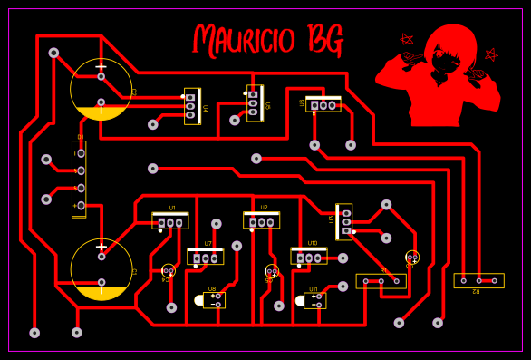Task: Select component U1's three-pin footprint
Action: [169, 221]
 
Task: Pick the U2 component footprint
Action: [261, 220]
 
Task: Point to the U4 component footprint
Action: [191, 106]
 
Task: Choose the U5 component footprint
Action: [255, 102]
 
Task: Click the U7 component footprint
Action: [206, 257]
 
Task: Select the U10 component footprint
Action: [309, 257]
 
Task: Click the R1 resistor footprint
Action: [381, 281]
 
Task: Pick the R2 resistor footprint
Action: [478, 280]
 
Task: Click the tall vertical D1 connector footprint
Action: [80, 179]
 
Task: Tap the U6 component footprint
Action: [323, 104]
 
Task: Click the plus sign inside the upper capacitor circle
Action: [101, 66]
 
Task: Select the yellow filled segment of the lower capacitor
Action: [101, 293]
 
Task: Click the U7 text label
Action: [208, 244]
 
